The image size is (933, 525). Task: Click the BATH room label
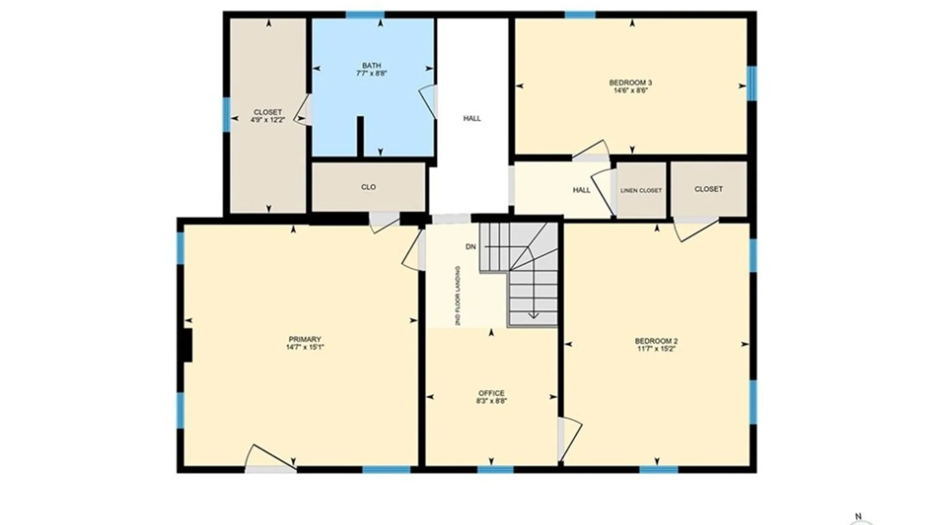(x=371, y=66)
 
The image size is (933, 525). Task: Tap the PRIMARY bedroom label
(x=305, y=339)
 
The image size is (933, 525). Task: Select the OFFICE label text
(x=491, y=393)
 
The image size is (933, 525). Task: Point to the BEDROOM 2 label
(x=656, y=341)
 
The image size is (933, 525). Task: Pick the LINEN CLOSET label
(x=641, y=191)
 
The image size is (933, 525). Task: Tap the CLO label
(x=368, y=187)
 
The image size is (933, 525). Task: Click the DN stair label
(x=470, y=247)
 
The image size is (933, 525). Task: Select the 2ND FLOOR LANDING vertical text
(x=458, y=296)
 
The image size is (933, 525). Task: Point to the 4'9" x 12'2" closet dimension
(x=267, y=120)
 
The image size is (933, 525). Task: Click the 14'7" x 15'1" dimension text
(x=305, y=347)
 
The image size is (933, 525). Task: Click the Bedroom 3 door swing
(x=591, y=150)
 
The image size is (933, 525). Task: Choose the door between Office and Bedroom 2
(x=570, y=439)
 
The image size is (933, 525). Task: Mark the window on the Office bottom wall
(x=495, y=470)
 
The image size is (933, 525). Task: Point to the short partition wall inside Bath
(x=360, y=137)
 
